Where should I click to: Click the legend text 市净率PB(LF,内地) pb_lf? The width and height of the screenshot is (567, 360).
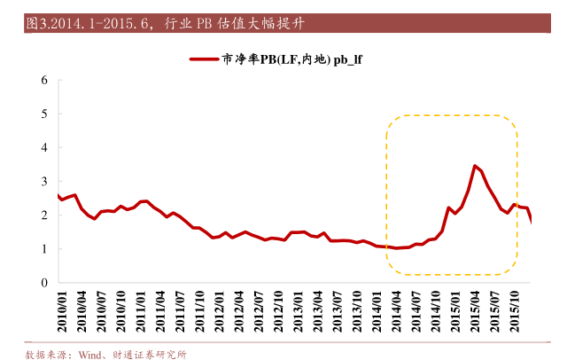coord(292,59)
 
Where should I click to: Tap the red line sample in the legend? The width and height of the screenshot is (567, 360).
coord(205,59)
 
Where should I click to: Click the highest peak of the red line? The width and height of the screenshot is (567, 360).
coord(476,166)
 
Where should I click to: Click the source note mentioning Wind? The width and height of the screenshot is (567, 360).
coord(105,353)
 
